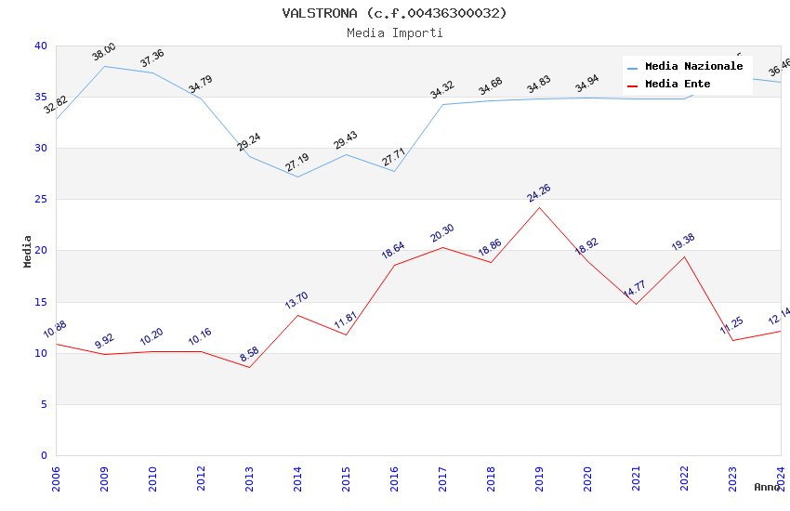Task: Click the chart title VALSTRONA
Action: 394,13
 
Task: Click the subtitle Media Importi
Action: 394,33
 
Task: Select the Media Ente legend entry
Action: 678,85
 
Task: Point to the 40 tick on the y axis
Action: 40,46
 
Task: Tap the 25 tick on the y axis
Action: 40,200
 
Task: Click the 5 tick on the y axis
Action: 43,405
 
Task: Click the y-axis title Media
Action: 28,251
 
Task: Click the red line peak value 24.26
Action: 539,193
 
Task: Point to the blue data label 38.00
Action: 104,52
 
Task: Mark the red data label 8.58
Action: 249,354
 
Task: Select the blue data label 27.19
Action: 297,163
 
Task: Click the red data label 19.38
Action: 683,242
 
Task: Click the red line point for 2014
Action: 297,315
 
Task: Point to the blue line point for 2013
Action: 249,156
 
